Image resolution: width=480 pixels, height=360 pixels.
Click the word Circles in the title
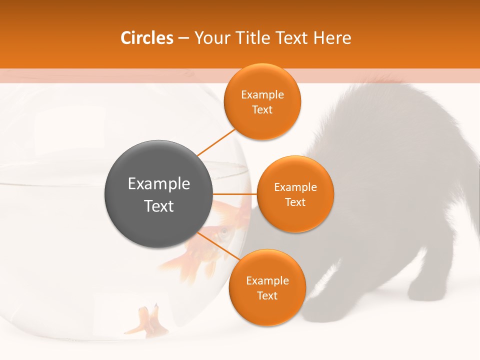coord(147,38)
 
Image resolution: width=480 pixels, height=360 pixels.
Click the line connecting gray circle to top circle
coord(216,142)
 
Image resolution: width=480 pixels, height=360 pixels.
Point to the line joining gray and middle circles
coord(235,194)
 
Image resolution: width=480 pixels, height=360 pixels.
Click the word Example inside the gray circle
coord(159,184)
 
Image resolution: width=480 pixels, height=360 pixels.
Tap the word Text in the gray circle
coord(159,206)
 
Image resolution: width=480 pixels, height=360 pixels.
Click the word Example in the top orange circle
coord(262,95)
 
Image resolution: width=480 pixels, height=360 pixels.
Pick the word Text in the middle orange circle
coord(295,202)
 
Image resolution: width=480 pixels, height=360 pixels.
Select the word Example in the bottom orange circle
coord(267,281)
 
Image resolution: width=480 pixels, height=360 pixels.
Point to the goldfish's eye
coord(224,231)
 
